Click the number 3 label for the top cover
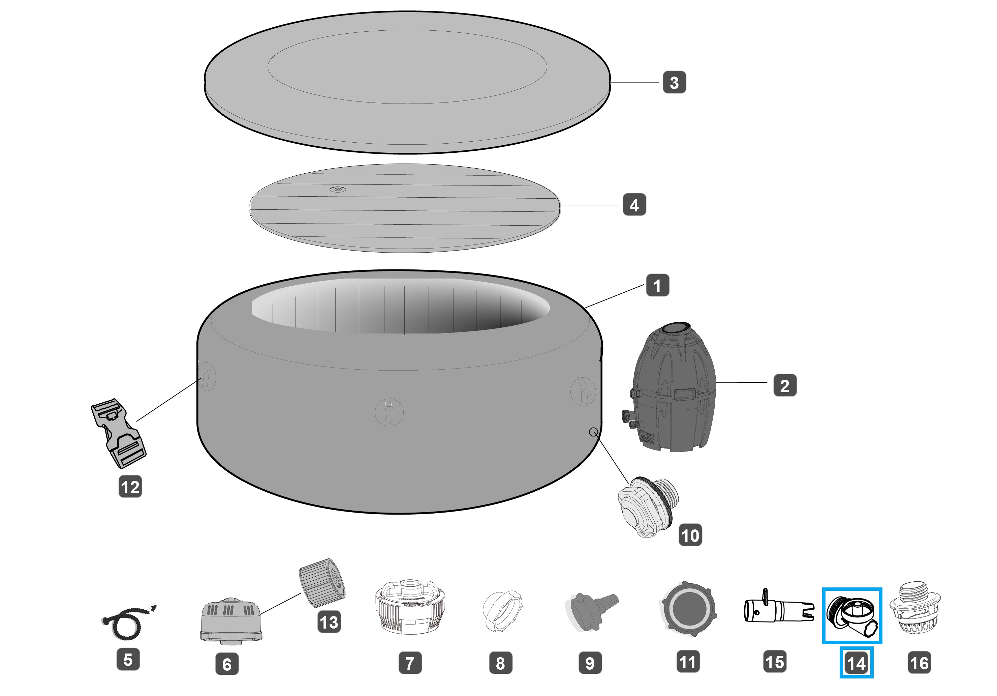pos(674,82)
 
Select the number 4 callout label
pos(634,205)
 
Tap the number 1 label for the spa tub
pos(657,285)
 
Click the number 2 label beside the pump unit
pos(785,385)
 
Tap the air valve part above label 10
pos(647,506)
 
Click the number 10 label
pos(690,535)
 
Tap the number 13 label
pos(329,622)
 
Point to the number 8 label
pos(500,663)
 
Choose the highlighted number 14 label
pos(856,663)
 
